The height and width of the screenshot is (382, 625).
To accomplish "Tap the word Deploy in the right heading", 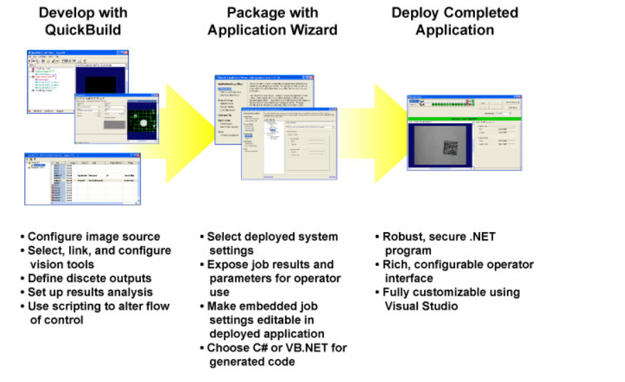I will pyautogui.click(x=415, y=12).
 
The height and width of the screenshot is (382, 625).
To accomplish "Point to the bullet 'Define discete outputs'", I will pyautogui.click(x=89, y=278).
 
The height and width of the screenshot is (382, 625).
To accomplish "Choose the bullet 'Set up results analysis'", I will pyautogui.click(x=90, y=292).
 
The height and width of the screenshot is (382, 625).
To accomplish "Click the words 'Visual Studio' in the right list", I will pyautogui.click(x=416, y=306).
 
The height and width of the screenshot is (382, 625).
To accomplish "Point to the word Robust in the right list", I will pyautogui.click(x=402, y=237).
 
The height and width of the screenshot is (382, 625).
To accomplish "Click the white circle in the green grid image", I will pyautogui.click(x=144, y=124).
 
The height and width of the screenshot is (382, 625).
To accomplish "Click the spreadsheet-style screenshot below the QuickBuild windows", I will pyautogui.click(x=82, y=178).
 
